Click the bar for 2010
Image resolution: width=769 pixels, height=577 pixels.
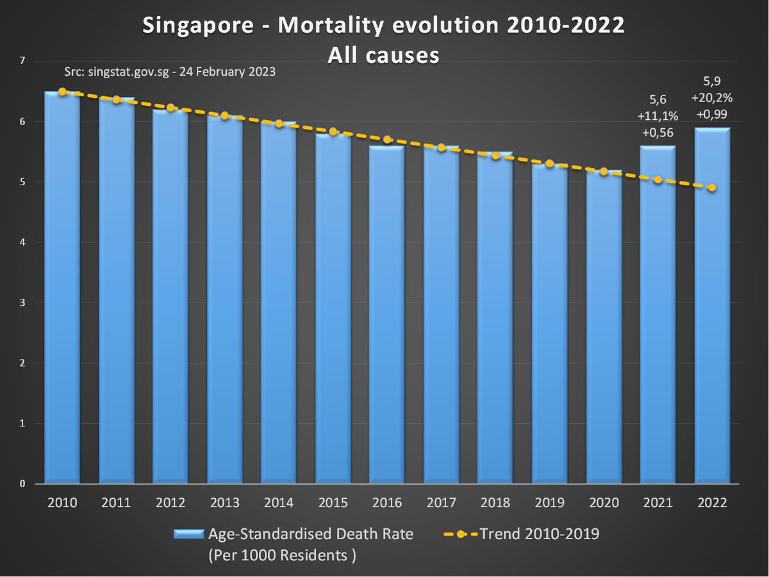62,288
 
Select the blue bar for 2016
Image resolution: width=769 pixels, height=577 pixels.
387,314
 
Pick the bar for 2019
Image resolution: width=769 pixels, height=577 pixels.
550,324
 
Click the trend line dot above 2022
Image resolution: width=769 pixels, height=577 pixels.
712,187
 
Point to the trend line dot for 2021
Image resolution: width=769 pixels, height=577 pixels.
658,180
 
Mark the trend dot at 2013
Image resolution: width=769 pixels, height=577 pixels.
224,115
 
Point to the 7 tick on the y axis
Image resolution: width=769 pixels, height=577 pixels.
22,61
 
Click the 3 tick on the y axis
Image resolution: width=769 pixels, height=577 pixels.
22,303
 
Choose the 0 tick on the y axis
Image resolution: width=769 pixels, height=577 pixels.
22,484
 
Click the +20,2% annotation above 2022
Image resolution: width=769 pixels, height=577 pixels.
712,99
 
